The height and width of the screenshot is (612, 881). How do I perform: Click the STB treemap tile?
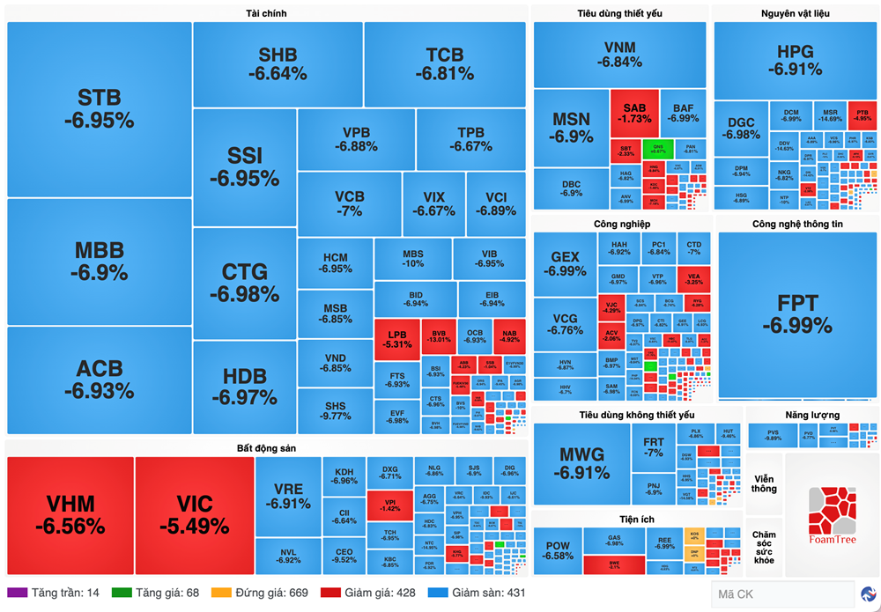coord(99,109)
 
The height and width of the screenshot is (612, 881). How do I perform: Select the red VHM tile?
coord(70,514)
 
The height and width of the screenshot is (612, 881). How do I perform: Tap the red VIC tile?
coord(194,514)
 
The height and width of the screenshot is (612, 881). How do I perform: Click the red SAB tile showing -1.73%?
coord(634,113)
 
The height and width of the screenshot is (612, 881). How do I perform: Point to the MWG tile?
coord(581,462)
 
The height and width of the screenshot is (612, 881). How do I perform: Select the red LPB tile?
coord(397,339)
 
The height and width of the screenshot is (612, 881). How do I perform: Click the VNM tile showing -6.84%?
coord(619,55)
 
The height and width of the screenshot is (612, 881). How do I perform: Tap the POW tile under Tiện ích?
coord(558,551)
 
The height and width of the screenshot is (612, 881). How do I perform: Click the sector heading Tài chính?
coord(266,13)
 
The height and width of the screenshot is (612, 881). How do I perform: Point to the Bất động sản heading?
coord(266,448)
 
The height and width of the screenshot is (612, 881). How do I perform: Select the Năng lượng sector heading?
coord(812,415)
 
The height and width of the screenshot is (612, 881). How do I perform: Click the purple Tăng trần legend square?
coord(17,593)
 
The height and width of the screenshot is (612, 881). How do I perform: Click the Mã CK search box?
coord(781,594)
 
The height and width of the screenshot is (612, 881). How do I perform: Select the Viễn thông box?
coord(764,483)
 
